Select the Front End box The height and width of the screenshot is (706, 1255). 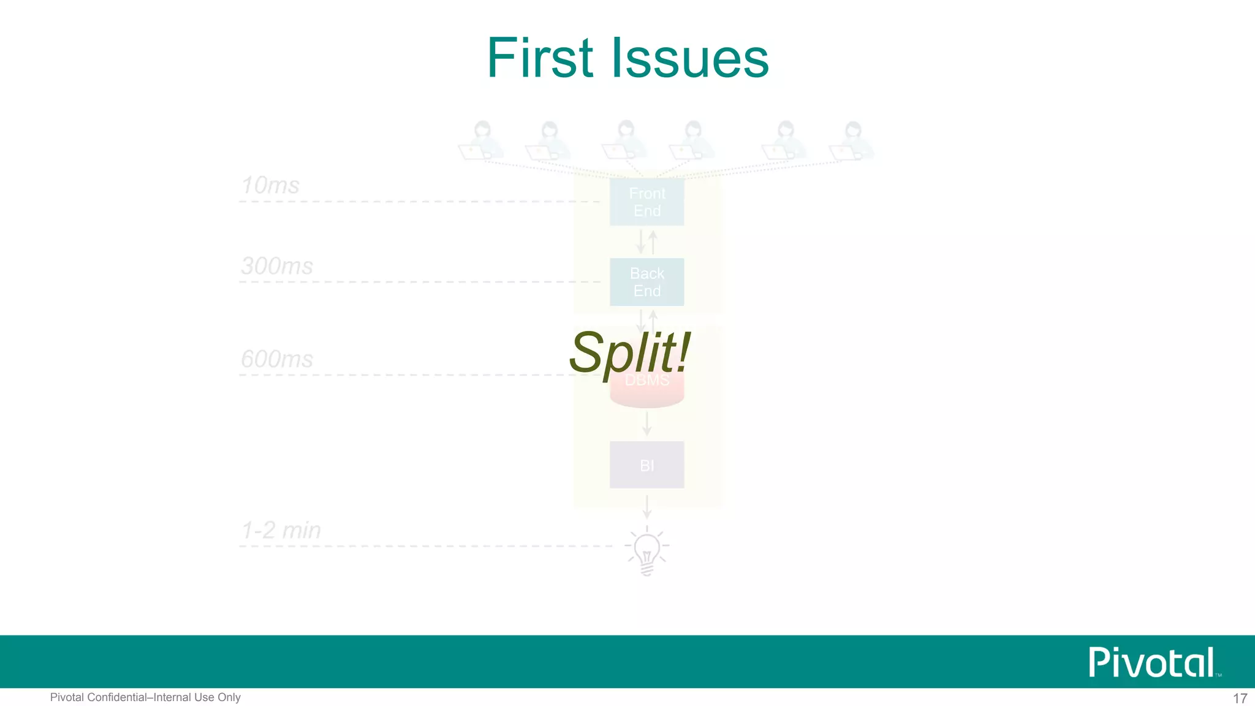[x=646, y=202]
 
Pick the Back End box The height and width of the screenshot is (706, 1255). [x=646, y=282]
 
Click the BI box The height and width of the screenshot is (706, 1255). [x=646, y=465]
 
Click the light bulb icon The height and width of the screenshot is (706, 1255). [x=646, y=551]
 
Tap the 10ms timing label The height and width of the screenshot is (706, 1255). [x=270, y=185]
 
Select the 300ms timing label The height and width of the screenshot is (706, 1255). [x=277, y=266]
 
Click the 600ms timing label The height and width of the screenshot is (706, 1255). [x=277, y=359]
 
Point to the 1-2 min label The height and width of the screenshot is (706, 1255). [x=281, y=530]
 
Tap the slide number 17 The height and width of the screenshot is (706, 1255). [x=1240, y=698]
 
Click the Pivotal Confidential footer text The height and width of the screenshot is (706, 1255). [x=145, y=697]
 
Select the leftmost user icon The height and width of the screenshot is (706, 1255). [x=482, y=141]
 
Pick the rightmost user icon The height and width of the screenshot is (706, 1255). [x=852, y=141]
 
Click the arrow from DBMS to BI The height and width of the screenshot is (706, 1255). [x=646, y=423]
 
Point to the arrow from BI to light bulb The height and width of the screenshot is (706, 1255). [x=646, y=506]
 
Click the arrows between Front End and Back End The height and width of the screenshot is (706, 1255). [x=646, y=242]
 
